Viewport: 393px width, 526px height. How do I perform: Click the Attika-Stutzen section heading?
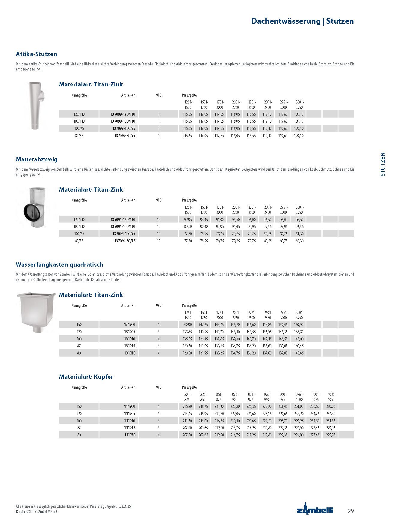(36, 54)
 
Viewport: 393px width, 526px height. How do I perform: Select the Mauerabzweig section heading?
(37, 160)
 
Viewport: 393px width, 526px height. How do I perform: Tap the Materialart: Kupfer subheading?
(86, 377)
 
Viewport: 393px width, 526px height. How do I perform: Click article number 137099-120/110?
(123, 114)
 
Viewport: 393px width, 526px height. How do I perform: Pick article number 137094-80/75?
(125, 241)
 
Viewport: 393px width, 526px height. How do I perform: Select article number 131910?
(130, 339)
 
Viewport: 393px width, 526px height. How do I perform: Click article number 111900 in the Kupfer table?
(130, 406)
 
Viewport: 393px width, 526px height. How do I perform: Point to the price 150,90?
(299, 324)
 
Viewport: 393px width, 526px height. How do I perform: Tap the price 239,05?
(331, 406)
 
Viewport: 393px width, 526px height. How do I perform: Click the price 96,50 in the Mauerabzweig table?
(299, 220)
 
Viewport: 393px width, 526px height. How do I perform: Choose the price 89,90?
(188, 227)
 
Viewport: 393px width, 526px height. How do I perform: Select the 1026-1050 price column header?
(331, 397)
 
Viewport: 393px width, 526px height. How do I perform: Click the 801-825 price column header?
(188, 397)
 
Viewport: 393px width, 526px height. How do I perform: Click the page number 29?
(351, 511)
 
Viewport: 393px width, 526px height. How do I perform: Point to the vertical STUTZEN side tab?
(383, 164)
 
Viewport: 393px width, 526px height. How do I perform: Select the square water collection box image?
(36, 312)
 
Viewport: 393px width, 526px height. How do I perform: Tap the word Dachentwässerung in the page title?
(286, 21)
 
